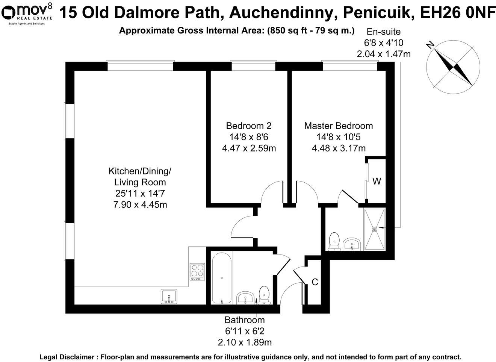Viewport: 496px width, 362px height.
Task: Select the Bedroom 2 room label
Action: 248,126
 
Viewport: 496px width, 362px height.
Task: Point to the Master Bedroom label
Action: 338,126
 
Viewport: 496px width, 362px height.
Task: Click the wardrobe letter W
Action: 377,182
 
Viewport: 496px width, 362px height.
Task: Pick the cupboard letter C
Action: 315,282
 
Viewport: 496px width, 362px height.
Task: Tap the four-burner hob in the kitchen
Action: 197,271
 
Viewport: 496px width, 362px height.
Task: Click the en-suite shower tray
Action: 374,229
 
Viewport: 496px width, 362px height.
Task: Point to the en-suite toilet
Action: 334,241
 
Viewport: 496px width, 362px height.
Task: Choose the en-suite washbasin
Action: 352,244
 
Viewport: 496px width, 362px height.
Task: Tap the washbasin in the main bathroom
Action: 246,298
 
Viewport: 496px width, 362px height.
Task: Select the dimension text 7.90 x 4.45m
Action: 140,205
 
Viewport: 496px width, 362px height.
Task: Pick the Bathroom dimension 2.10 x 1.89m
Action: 245,342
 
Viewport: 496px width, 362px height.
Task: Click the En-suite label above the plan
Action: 383,32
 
